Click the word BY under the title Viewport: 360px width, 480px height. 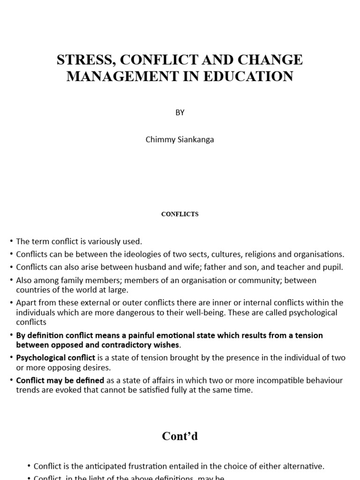(180, 112)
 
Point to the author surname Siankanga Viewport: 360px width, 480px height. (193, 140)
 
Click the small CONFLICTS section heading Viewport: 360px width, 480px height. (180, 214)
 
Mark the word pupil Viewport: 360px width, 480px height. (333, 267)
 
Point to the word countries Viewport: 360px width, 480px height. (32, 290)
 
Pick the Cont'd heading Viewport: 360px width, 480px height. (180, 436)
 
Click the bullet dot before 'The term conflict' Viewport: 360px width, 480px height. (11, 242)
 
